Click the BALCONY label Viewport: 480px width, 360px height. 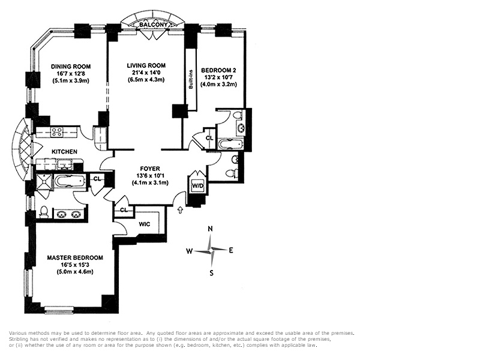coord(154,25)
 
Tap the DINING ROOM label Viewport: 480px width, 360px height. coord(71,67)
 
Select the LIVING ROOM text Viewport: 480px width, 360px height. coord(146,65)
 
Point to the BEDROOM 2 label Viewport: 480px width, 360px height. coord(218,70)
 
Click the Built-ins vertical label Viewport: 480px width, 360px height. coord(191,79)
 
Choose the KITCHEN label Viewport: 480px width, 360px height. coord(64,152)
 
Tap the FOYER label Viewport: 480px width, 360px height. coord(150,169)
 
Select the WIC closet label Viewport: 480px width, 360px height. coord(145,224)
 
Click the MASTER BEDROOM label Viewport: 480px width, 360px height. coord(75,258)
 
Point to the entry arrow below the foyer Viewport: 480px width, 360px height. coord(181,209)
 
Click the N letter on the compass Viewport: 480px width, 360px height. coord(211,229)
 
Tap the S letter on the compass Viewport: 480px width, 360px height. coord(211,273)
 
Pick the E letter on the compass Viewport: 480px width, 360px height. coord(231,250)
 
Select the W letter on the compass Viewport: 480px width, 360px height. coord(190,251)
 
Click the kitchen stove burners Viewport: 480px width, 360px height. coord(57,132)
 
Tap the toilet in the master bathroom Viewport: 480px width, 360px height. coord(44,212)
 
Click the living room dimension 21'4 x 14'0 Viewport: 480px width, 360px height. coord(146,73)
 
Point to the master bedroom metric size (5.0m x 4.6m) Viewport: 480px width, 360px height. coord(75,272)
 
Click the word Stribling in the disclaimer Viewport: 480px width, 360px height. coord(18,340)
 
